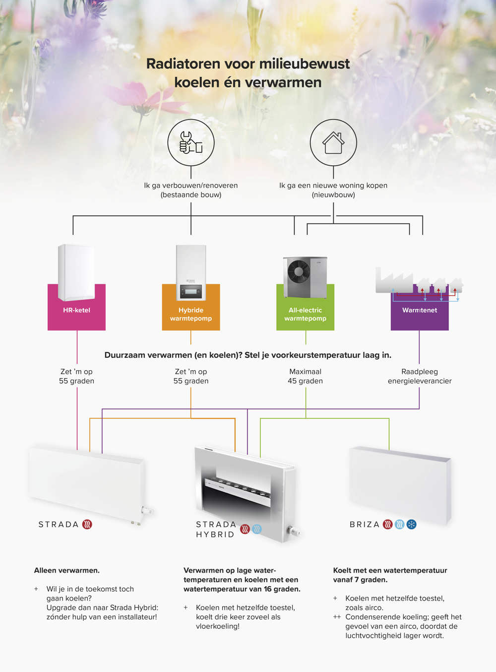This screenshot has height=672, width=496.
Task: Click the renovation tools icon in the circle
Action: click(191, 142)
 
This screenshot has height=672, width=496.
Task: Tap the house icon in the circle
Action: click(333, 142)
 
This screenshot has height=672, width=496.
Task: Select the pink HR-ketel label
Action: click(76, 310)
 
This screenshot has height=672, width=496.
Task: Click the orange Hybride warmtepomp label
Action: click(191, 314)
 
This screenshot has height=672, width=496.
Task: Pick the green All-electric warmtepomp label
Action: click(305, 314)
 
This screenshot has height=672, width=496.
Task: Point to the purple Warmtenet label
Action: click(420, 310)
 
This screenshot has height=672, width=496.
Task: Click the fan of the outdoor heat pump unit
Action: click(299, 272)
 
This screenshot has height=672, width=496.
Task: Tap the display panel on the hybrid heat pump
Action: click(191, 291)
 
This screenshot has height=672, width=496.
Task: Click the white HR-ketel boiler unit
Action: click(76, 272)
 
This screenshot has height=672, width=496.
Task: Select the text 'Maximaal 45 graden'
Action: click(305, 376)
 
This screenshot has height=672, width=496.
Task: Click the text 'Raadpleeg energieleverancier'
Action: click(420, 376)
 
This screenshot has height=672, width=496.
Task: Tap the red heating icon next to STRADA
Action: click(87, 524)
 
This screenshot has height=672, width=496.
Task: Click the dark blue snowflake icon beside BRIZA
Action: click(411, 524)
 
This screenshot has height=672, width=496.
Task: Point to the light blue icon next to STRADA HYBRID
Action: click(256, 529)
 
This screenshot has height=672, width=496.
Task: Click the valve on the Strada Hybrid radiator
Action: click(294, 532)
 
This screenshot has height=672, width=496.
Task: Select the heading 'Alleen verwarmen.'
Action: click(67, 570)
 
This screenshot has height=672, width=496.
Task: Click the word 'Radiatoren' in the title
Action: click(183, 64)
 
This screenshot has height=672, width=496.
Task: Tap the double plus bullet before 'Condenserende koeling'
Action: click(337, 617)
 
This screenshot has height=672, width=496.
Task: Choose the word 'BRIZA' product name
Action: click(365, 525)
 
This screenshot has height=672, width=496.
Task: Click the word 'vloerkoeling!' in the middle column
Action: click(218, 626)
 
